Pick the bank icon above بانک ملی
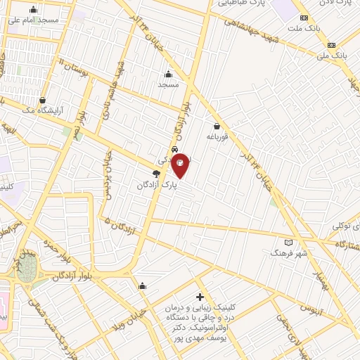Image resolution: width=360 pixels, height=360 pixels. (329, 42)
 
